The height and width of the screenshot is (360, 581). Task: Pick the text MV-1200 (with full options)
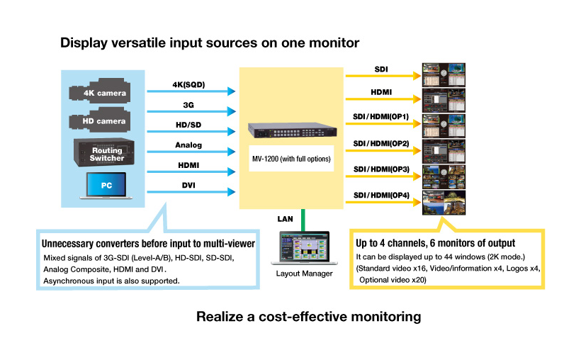coord(290,159)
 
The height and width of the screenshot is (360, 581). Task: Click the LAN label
coord(285,220)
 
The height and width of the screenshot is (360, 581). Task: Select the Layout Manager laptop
coord(303,248)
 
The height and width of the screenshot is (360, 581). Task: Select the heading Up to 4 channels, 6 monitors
coord(436,243)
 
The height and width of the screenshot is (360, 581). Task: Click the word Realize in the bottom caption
coord(220,317)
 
